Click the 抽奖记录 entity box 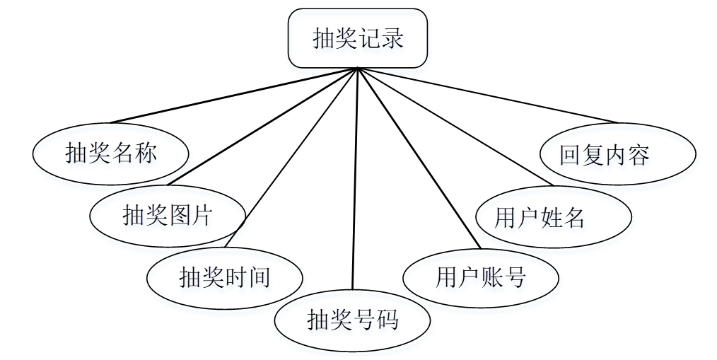358,38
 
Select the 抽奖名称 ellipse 111,153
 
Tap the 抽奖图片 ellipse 168,215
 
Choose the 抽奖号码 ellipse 352,320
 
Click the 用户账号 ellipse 481,277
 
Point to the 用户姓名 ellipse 554,217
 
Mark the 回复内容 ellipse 617,154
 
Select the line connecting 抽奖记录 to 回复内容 488,95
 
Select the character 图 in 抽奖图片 180,215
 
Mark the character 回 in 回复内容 571,154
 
